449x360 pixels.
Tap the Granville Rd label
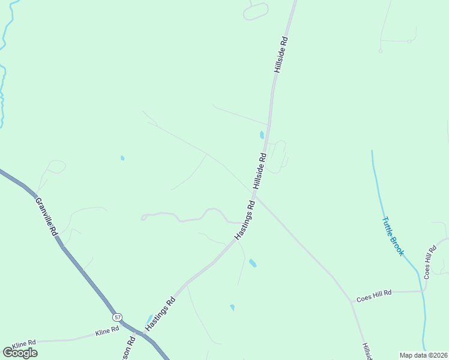click(x=46, y=216)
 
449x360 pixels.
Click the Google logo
click(x=20, y=353)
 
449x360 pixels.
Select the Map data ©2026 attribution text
click(x=424, y=355)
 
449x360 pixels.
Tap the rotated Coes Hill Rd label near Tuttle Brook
click(x=429, y=262)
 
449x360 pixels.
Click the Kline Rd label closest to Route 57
click(x=107, y=332)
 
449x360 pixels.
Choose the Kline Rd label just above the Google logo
click(x=24, y=343)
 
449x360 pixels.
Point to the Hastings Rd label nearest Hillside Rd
click(x=245, y=221)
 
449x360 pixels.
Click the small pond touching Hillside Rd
click(x=262, y=135)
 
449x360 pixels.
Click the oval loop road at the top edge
click(x=256, y=11)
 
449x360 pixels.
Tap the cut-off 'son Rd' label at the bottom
click(x=131, y=347)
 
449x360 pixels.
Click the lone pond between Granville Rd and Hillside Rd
click(x=122, y=158)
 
